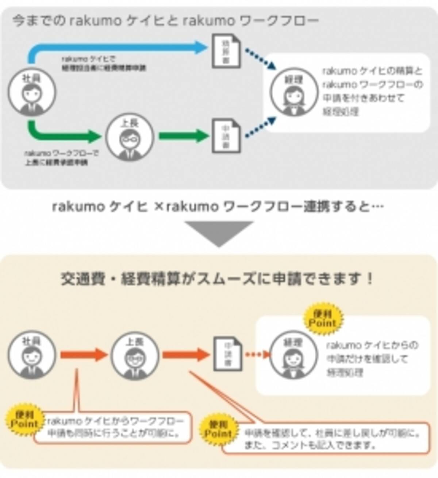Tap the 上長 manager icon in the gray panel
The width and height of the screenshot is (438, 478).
tap(130, 137)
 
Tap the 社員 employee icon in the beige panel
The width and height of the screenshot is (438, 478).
tap(32, 355)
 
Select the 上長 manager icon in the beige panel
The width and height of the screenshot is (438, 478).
tap(135, 355)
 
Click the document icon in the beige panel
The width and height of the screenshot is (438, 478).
tap(228, 353)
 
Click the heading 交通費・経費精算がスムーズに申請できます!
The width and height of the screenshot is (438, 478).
tap(218, 280)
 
